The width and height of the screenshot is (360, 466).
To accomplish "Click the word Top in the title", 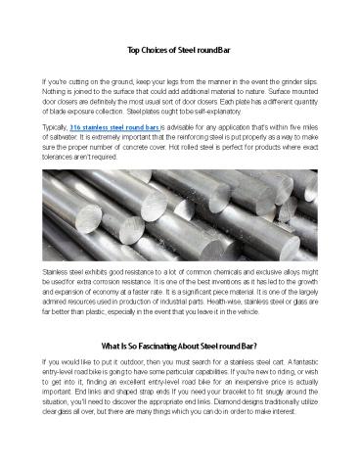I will [134, 48].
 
